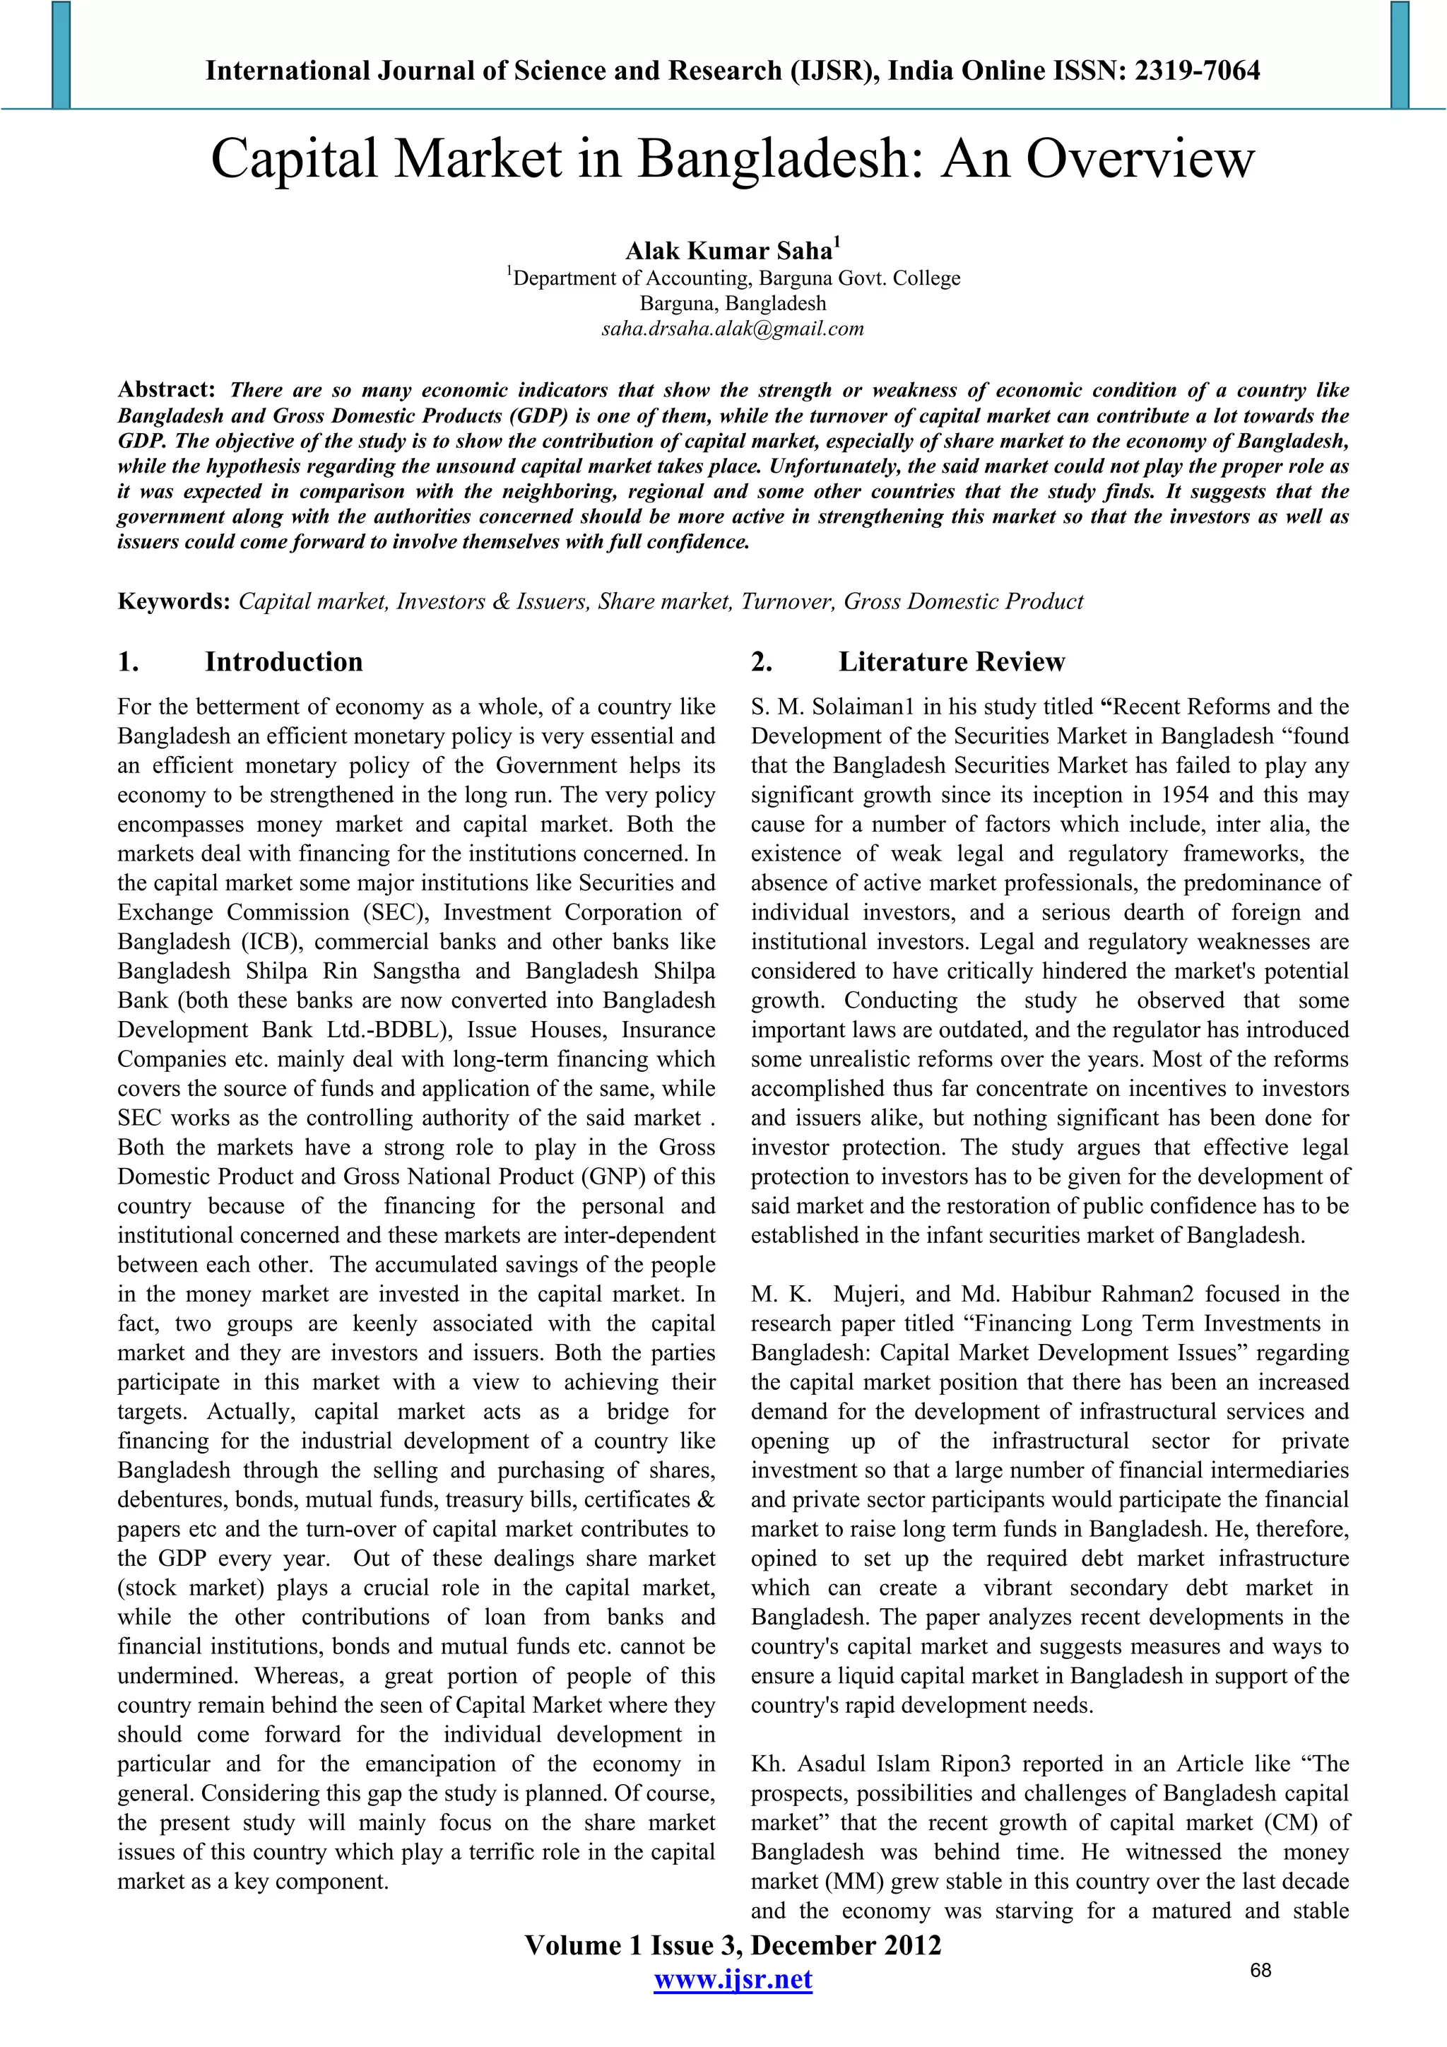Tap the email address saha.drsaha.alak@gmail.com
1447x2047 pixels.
pyautogui.click(x=733, y=329)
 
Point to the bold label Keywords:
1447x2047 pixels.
pyautogui.click(x=174, y=602)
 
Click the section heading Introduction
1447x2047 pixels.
pyautogui.click(x=283, y=661)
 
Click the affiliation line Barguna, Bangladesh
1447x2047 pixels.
pyautogui.click(x=733, y=303)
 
